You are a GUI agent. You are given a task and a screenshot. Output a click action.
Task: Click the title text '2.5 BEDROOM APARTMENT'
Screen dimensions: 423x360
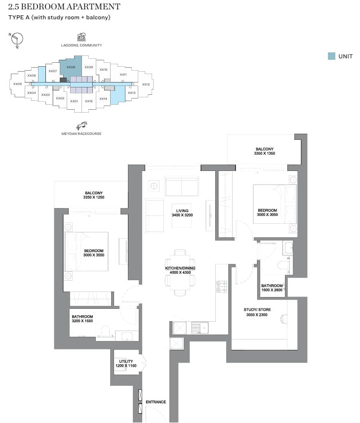click(64, 7)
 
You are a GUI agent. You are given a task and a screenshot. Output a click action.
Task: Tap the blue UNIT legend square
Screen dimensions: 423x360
click(331, 56)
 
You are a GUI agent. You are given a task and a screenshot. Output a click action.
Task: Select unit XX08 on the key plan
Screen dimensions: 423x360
click(71, 68)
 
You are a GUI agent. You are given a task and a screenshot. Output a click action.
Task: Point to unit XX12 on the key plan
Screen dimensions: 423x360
click(146, 85)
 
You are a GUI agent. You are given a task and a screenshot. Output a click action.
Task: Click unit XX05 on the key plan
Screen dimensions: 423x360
click(17, 84)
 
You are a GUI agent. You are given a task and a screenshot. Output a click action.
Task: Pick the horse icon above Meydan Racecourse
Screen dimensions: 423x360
click(81, 126)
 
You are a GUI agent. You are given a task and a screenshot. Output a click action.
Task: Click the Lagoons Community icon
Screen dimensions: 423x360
click(81, 37)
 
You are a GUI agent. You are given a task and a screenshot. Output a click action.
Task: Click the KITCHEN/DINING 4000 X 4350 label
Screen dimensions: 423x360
click(180, 271)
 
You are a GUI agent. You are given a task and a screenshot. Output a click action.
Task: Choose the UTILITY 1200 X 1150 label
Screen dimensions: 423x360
click(125, 364)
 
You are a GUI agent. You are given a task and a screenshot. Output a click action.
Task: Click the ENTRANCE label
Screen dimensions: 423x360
click(156, 402)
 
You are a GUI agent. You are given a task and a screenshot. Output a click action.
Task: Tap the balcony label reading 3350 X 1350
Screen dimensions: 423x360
click(264, 151)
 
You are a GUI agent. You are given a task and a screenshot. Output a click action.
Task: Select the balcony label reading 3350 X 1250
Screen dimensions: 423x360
click(94, 195)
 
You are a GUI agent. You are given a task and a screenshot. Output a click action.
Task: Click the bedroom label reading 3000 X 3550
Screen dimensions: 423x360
click(94, 253)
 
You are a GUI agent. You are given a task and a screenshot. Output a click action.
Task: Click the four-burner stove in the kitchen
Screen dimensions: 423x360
click(222, 286)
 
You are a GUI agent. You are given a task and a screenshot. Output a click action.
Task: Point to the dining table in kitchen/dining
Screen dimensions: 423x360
click(180, 271)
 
